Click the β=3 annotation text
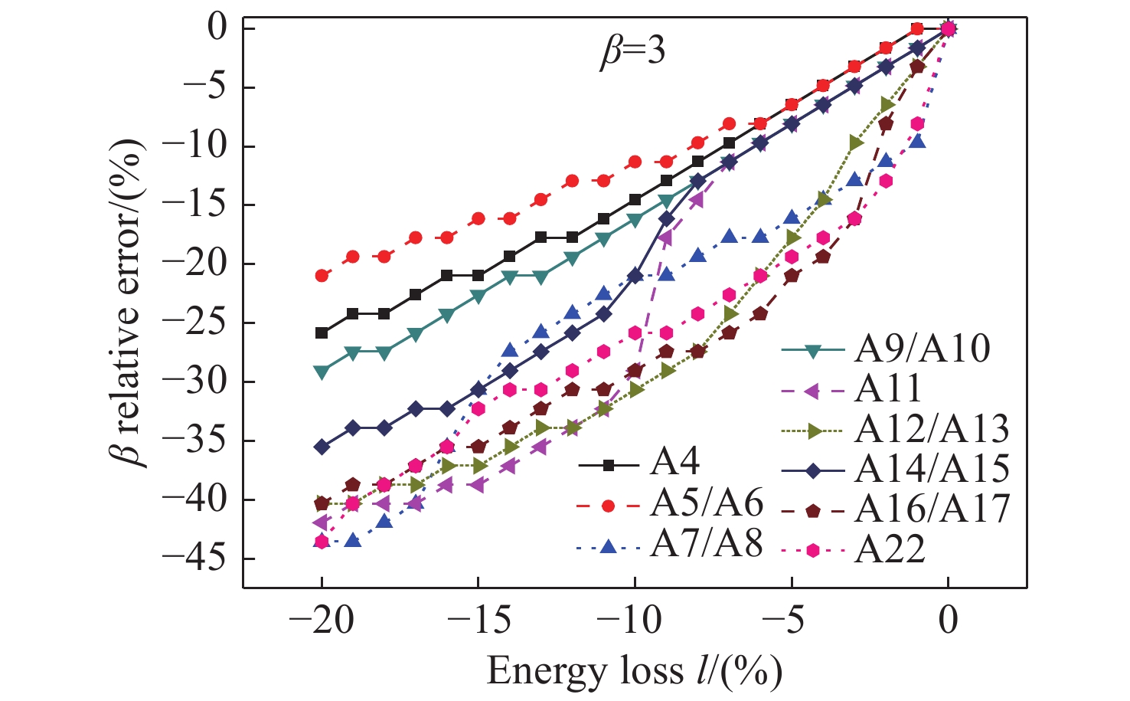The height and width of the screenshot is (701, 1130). [x=632, y=52]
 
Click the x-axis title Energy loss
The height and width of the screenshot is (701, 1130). [x=634, y=671]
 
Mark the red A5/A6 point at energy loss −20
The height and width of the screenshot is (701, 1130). [x=322, y=275]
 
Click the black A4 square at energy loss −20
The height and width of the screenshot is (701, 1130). [x=322, y=333]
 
